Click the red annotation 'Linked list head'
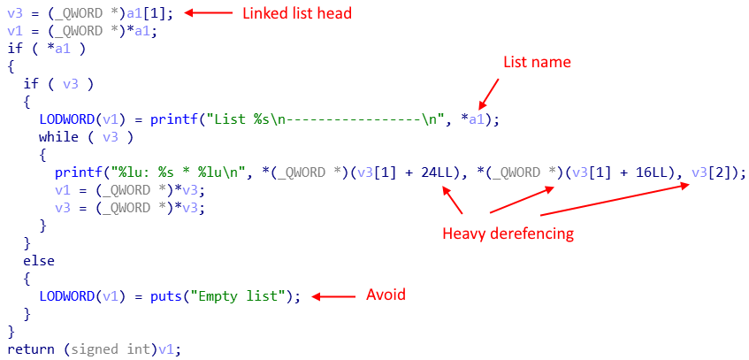[x=297, y=13]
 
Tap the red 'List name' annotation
[x=537, y=62]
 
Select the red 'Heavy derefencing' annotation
[x=508, y=234]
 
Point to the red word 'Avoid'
[x=386, y=295]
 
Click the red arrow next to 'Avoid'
[x=334, y=297]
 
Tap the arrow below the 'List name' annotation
[x=489, y=94]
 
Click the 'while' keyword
[x=58, y=137]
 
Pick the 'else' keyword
[x=39, y=261]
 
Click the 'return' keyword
[x=32, y=349]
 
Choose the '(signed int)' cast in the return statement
[x=111, y=349]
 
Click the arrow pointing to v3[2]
[x=615, y=202]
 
